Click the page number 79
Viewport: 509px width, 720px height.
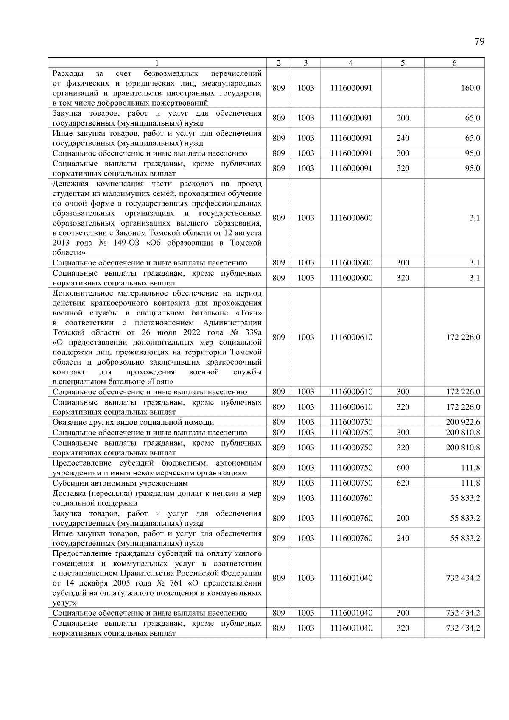(x=479, y=42)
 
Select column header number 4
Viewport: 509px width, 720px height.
(x=351, y=63)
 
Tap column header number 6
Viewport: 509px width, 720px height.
(x=454, y=63)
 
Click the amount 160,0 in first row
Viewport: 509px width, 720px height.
(x=471, y=88)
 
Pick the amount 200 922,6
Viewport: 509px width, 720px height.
(x=463, y=422)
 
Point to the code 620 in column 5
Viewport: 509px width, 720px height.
(x=403, y=483)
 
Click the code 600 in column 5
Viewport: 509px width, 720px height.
(x=403, y=468)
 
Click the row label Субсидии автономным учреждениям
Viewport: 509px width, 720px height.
(x=120, y=483)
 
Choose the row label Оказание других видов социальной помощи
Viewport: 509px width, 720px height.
(x=133, y=422)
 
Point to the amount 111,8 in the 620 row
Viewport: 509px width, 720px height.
(x=471, y=483)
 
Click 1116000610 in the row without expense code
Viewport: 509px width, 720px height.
(x=351, y=338)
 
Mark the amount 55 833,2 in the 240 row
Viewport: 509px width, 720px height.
(x=465, y=539)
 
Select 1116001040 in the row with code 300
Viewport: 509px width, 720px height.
(x=351, y=613)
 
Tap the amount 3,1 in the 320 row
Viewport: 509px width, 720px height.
(x=475, y=278)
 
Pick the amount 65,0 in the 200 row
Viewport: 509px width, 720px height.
(x=473, y=118)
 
